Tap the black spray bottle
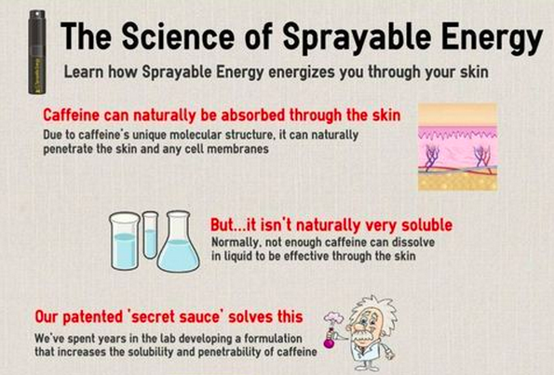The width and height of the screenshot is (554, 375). pos(37,52)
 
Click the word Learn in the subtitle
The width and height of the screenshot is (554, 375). pos(84,72)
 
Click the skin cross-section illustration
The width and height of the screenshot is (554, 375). pos(457,146)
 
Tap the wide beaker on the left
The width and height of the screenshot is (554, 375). pos(124,242)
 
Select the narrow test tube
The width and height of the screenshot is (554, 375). pos(150,234)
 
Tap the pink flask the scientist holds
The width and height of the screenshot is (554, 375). pos(330,339)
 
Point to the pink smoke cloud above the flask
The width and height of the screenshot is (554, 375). pos(333,318)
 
